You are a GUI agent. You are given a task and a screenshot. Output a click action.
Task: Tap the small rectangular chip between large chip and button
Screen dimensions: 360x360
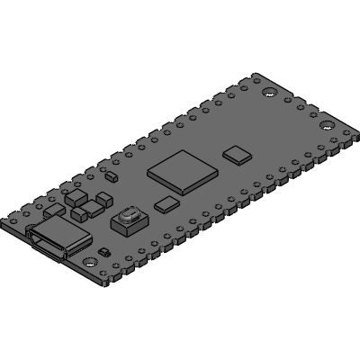(166, 203)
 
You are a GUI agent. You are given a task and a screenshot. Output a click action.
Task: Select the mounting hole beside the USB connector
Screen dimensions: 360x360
(90, 261)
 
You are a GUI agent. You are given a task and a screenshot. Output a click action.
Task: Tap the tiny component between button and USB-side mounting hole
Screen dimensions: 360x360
(104, 252)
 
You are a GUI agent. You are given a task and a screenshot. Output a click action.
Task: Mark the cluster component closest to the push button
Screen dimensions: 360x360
(93, 211)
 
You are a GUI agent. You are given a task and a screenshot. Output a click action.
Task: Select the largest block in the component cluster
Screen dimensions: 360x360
(79, 197)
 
